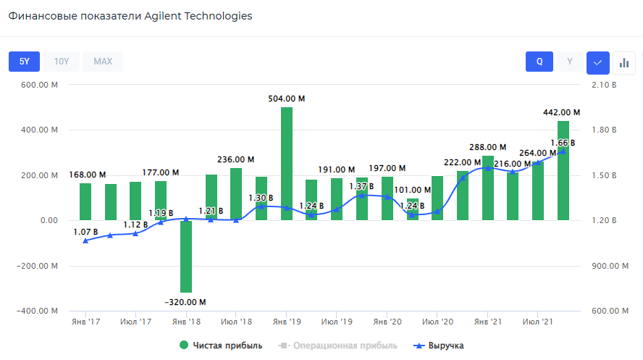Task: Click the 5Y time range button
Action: (x=24, y=62)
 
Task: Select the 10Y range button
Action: (x=62, y=62)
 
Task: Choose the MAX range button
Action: (x=103, y=62)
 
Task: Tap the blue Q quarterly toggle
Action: (x=539, y=62)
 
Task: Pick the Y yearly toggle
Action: (x=570, y=62)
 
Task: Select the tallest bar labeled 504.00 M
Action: (x=287, y=163)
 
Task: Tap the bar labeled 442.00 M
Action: (x=563, y=170)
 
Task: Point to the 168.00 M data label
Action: (x=88, y=175)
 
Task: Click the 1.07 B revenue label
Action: (x=85, y=232)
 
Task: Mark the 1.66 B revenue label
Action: (x=562, y=143)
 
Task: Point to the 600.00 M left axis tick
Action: (x=34, y=85)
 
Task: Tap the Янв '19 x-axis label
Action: (x=287, y=320)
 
